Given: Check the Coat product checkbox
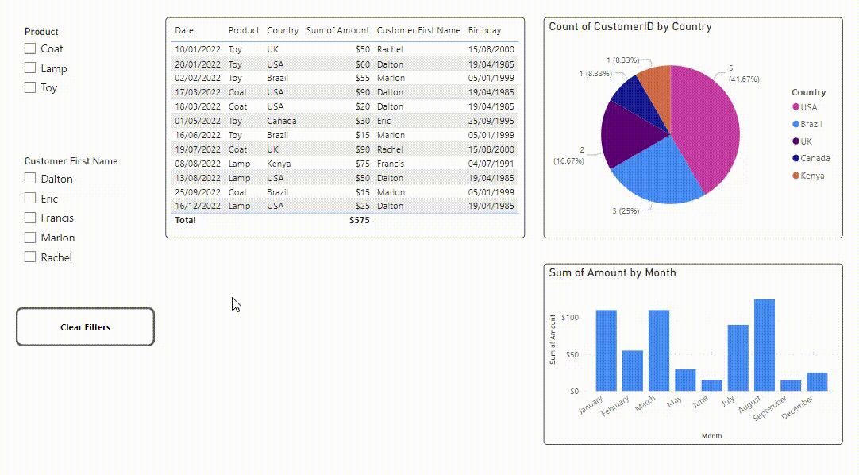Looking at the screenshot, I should point(30,48).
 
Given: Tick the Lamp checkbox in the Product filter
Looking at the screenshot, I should point(30,68).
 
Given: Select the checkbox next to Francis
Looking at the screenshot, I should point(30,218).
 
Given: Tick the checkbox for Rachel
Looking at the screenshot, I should point(30,257).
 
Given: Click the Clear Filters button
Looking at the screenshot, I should point(85,327).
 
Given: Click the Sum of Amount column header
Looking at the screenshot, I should point(337,30).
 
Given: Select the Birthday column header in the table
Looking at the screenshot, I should point(484,30).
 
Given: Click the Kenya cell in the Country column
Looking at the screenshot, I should point(279,164).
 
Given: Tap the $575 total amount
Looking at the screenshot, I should point(359,220).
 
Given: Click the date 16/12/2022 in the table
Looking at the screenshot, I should point(198,206).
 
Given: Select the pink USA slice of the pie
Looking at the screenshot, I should point(707,127).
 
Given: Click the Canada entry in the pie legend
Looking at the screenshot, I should point(815,158).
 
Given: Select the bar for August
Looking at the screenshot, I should point(764,345).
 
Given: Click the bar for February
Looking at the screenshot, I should point(633,370).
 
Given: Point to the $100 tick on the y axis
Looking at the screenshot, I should point(569,318).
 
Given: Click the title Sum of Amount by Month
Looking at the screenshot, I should point(612,272).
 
